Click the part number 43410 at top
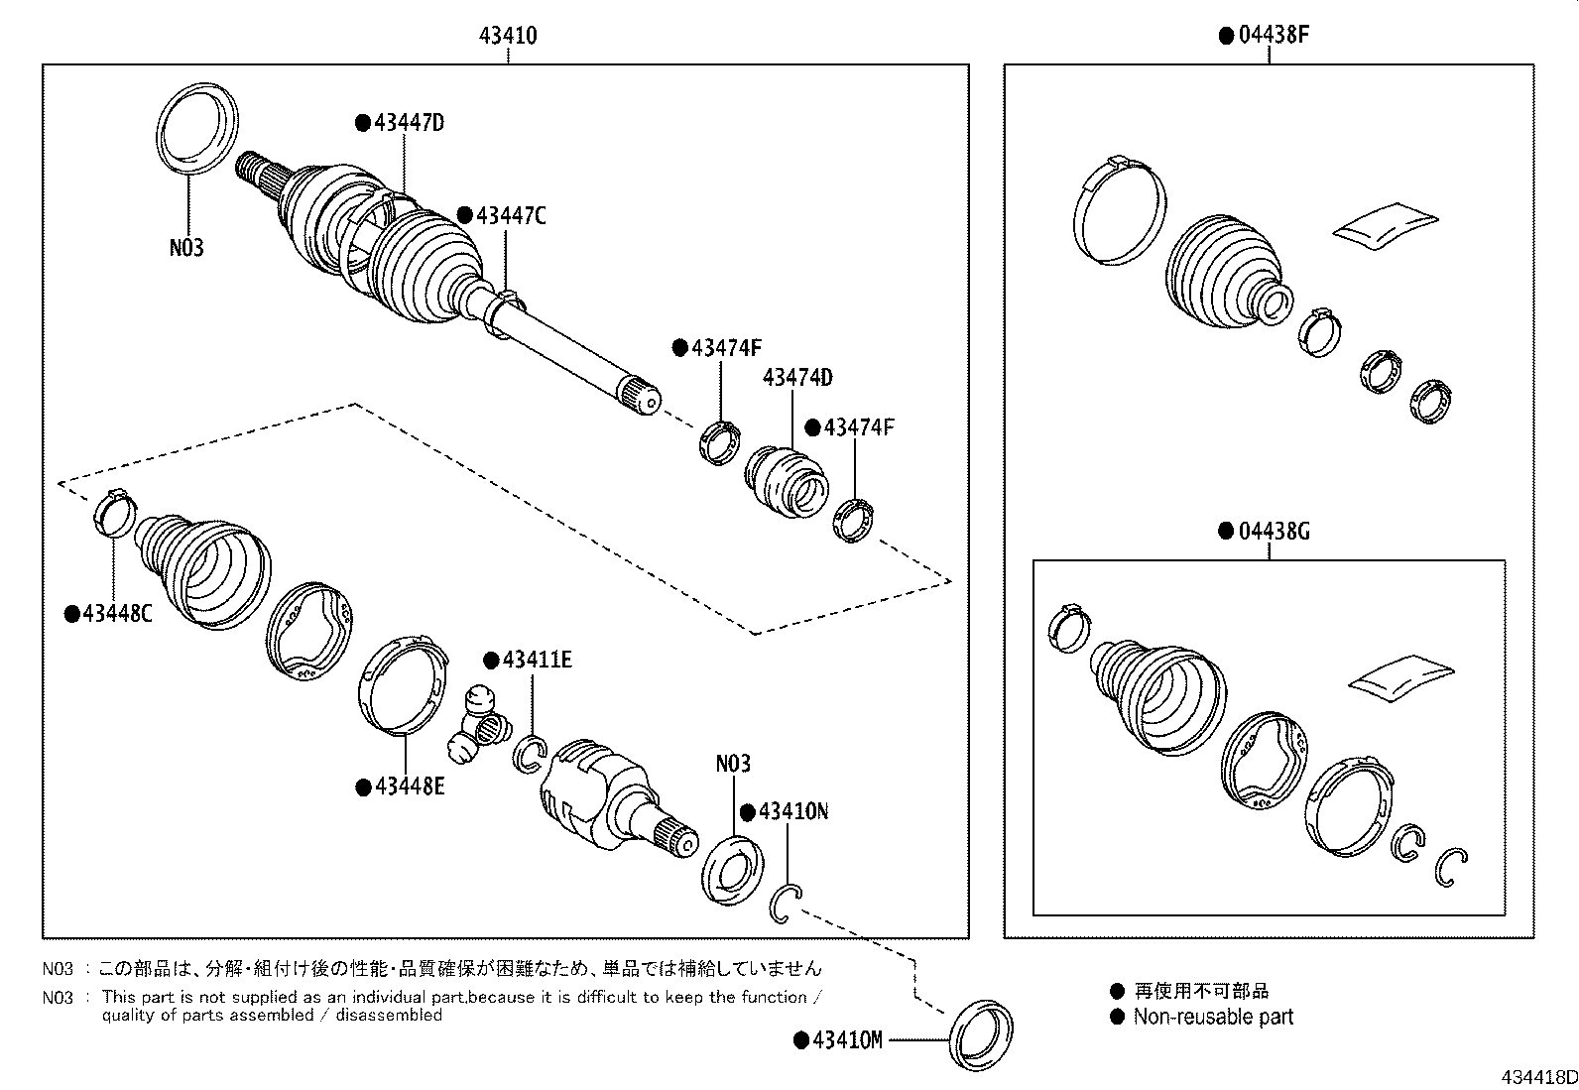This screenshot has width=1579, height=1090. [x=508, y=37]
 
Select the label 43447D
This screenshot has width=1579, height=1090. [x=408, y=123]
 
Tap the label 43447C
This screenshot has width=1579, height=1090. [x=510, y=215]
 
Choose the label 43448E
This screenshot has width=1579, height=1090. [x=409, y=787]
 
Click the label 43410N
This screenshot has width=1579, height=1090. [x=791, y=811]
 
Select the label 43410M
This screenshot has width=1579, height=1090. [x=845, y=1039]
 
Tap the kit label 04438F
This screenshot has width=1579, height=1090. [x=1273, y=37]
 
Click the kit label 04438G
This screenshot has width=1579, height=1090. [x=1273, y=532]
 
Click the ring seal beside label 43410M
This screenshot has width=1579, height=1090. [x=983, y=1036]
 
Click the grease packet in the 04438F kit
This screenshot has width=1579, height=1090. [x=1385, y=223]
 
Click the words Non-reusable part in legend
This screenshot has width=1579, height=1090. [x=1212, y=1017]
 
